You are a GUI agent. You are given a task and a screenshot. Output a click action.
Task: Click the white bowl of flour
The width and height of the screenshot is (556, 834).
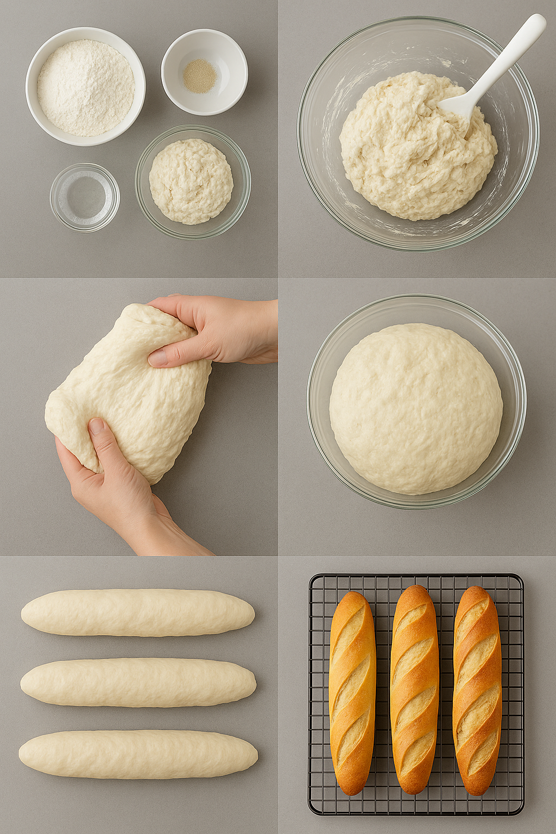click(85, 87)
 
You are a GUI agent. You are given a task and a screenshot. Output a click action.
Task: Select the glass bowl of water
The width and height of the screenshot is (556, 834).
click(85, 197)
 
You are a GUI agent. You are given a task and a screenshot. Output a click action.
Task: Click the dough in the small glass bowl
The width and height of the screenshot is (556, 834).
click(191, 181)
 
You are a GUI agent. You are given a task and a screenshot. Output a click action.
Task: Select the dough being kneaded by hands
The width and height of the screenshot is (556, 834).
click(130, 391)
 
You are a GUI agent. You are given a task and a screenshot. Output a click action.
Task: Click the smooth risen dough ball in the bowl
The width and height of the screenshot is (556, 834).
click(415, 408)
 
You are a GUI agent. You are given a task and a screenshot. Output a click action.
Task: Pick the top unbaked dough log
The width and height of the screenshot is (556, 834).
click(138, 612)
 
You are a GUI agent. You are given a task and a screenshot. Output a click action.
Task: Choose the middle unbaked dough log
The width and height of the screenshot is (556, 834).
click(138, 683)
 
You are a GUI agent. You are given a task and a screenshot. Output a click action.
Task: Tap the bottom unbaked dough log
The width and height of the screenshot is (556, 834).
click(138, 754)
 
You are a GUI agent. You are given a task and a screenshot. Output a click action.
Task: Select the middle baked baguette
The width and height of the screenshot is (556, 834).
click(414, 690)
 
